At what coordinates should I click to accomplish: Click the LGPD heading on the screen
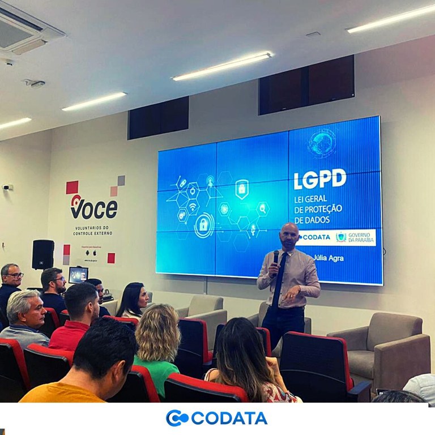(x=319, y=179)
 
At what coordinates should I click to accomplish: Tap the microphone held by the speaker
(x=276, y=258)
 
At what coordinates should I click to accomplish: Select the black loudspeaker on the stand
(x=43, y=254)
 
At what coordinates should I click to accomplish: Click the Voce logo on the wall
(x=93, y=208)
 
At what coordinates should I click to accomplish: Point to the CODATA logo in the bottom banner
(x=217, y=418)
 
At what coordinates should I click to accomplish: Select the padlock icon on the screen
(x=203, y=225)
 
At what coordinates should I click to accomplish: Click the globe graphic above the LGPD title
(x=322, y=143)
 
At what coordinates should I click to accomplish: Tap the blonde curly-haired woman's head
(x=157, y=331)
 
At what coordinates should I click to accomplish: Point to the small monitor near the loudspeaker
(x=78, y=275)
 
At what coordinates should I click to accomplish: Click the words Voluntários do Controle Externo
(x=93, y=230)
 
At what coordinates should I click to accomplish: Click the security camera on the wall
(x=7, y=187)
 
